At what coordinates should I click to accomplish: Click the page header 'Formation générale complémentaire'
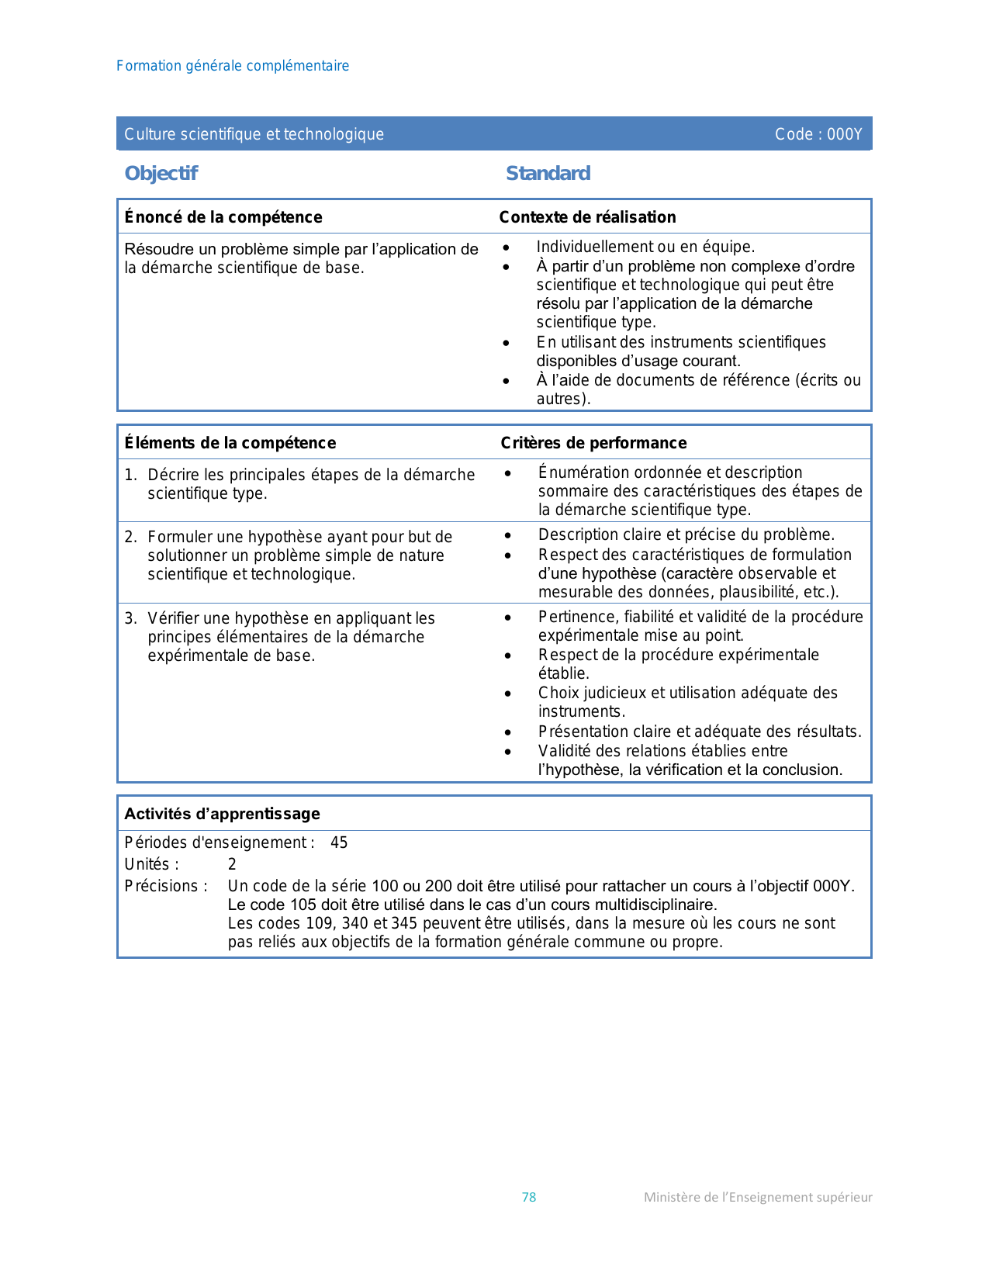click(x=233, y=66)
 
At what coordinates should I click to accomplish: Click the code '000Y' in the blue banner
click(x=845, y=134)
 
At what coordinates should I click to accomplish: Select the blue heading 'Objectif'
click(x=161, y=173)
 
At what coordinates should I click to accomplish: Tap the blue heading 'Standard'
click(x=548, y=173)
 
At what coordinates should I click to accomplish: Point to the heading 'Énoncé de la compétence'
click(x=223, y=217)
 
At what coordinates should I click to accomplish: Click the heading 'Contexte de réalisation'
click(x=587, y=217)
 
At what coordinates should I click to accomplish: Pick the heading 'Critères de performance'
click(x=593, y=443)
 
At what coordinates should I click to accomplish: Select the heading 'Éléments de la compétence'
click(x=230, y=443)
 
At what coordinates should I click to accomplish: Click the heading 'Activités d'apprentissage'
click(x=223, y=814)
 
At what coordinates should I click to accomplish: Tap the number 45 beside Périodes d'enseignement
click(x=339, y=842)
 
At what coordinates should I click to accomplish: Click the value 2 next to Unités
click(x=232, y=864)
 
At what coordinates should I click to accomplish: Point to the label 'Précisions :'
click(x=166, y=886)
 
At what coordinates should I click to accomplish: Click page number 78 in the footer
click(x=529, y=1197)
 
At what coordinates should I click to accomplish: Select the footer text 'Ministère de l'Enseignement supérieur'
click(x=758, y=1197)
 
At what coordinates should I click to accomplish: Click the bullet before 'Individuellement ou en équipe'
click(x=506, y=247)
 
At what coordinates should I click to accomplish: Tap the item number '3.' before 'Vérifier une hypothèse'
click(x=130, y=618)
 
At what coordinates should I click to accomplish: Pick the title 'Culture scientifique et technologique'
click(x=254, y=134)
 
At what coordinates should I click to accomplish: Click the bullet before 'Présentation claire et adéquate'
click(x=507, y=732)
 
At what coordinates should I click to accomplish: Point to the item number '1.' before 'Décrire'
click(x=130, y=475)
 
